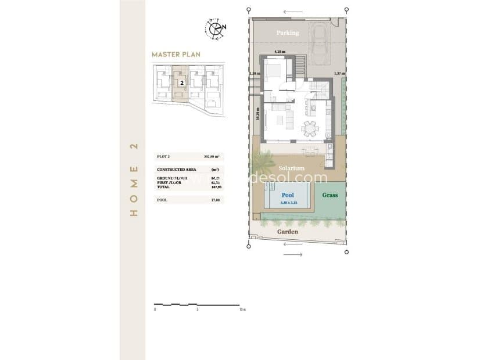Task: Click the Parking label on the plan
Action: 288,33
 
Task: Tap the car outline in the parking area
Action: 321,40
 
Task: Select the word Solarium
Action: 291,168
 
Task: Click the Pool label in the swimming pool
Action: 288,196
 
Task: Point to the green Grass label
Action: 330,195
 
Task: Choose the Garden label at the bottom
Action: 287,232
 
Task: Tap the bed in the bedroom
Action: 274,71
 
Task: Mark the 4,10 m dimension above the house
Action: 280,52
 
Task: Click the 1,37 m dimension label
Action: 339,74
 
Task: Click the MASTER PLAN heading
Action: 176,55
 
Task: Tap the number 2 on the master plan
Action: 182,83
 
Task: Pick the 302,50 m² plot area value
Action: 212,157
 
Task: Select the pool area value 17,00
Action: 215,200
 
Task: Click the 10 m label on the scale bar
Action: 241,309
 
